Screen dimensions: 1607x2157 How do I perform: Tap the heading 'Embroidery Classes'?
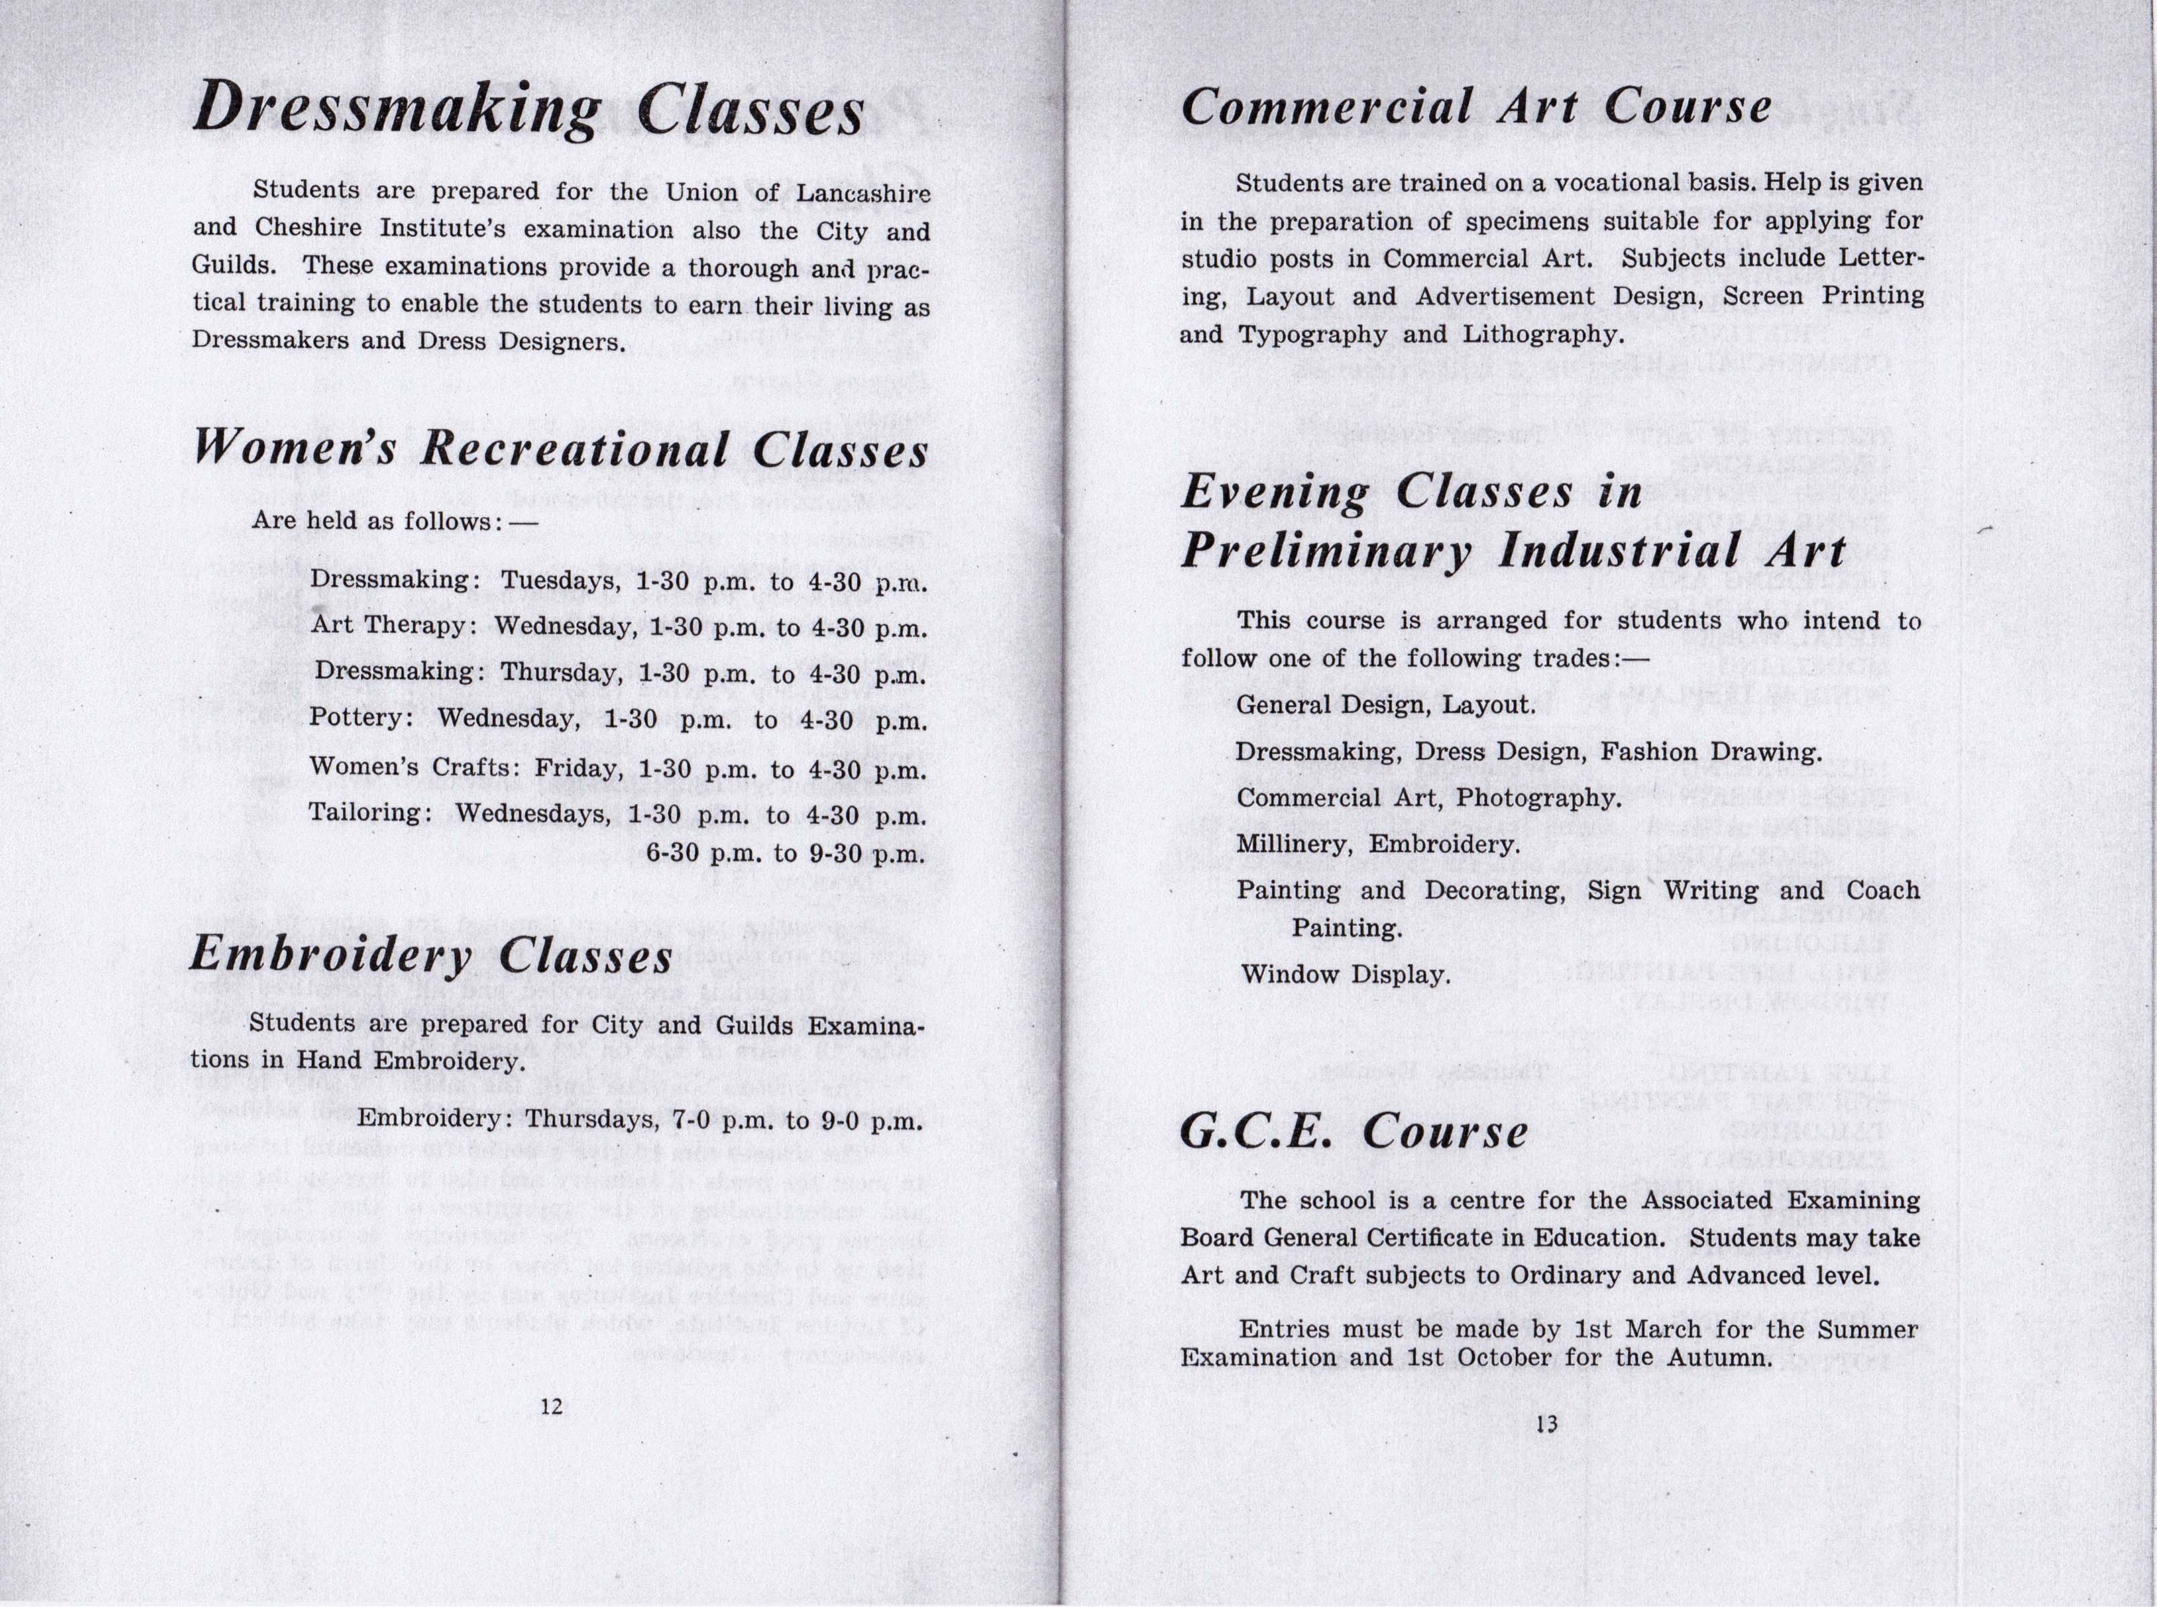point(431,954)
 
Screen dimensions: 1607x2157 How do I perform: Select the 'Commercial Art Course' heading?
point(1476,106)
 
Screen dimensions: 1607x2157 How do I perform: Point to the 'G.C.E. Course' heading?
point(1353,1131)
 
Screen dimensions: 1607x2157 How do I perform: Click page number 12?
point(551,1406)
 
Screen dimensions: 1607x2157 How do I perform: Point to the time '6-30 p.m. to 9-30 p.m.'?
point(785,854)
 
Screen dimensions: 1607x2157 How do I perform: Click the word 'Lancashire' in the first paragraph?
point(863,193)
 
